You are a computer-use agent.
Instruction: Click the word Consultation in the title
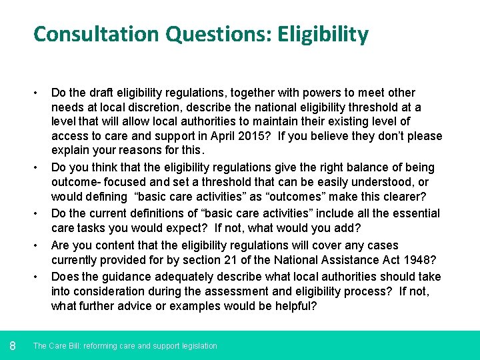87,34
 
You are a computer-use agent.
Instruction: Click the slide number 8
13,345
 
